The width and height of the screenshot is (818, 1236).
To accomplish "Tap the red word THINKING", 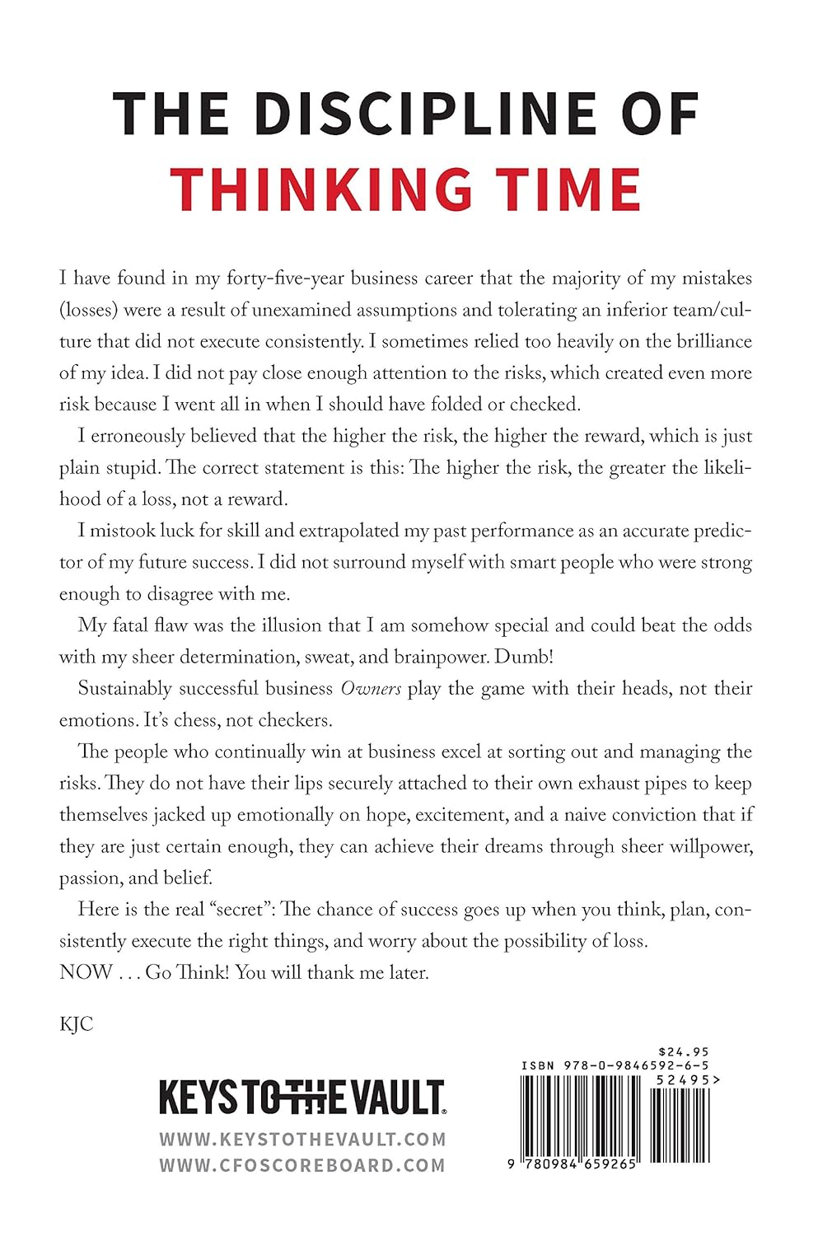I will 321,190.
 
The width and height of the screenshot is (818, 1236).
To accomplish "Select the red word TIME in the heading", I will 566,190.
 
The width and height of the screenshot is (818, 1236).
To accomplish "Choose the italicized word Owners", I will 371,689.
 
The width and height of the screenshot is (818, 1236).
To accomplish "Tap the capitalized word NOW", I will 86,972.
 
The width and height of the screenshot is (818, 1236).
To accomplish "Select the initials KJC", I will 77,1024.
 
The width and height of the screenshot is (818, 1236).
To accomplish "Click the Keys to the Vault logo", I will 301,1098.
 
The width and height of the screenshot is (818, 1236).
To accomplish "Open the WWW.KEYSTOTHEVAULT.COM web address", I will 302,1140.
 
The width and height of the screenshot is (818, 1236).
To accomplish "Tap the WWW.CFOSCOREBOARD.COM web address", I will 302,1165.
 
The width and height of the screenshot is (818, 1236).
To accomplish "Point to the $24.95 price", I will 684,1052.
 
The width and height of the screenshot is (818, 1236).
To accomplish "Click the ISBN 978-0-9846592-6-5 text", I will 615,1065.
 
